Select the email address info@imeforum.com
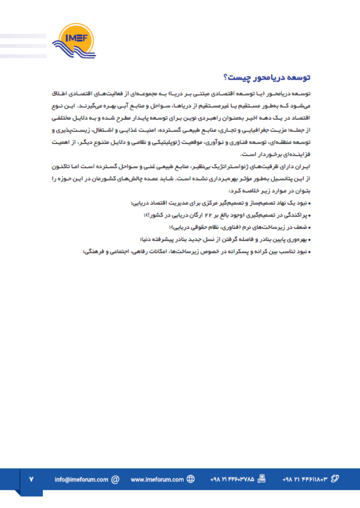[x=81, y=480]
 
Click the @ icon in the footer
[x=115, y=480]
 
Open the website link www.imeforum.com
[x=157, y=480]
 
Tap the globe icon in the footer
[x=191, y=480]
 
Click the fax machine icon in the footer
[x=261, y=480]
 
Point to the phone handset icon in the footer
[x=334, y=479]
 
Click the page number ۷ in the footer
[x=31, y=480]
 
